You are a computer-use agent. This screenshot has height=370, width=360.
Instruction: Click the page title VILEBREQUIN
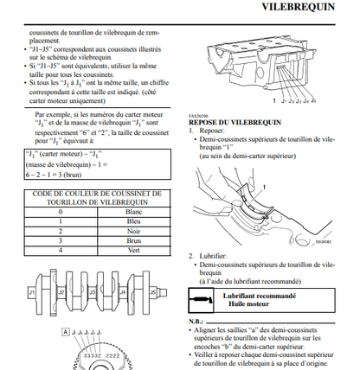click(299, 7)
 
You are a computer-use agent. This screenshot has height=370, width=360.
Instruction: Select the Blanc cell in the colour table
click(134, 212)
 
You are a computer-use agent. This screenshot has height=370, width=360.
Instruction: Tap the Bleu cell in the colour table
click(134, 221)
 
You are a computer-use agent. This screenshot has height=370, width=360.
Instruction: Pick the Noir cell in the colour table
click(134, 232)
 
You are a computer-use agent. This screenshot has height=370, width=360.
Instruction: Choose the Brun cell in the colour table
click(134, 241)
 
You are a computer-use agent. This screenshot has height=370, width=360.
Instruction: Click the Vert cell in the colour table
click(134, 251)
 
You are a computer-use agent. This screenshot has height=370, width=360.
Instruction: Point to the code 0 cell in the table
click(61, 212)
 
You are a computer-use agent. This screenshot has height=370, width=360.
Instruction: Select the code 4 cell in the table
click(61, 251)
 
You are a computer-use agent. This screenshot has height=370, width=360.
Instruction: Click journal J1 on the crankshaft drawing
click(32, 292)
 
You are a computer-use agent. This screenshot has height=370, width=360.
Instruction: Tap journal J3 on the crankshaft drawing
click(92, 292)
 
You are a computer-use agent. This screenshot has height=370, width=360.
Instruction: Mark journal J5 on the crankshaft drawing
click(153, 292)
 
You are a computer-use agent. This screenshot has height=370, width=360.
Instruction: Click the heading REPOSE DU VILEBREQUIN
click(235, 122)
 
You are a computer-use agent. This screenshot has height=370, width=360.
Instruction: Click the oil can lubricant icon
click(201, 300)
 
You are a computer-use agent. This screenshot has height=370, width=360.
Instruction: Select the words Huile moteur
click(248, 304)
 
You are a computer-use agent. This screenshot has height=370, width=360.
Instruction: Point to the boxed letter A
click(66, 332)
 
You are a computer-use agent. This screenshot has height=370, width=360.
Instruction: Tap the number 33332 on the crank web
click(93, 355)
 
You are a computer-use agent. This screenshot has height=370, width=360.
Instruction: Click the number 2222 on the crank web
click(112, 355)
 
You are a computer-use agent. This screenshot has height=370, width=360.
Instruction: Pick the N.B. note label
click(196, 322)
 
